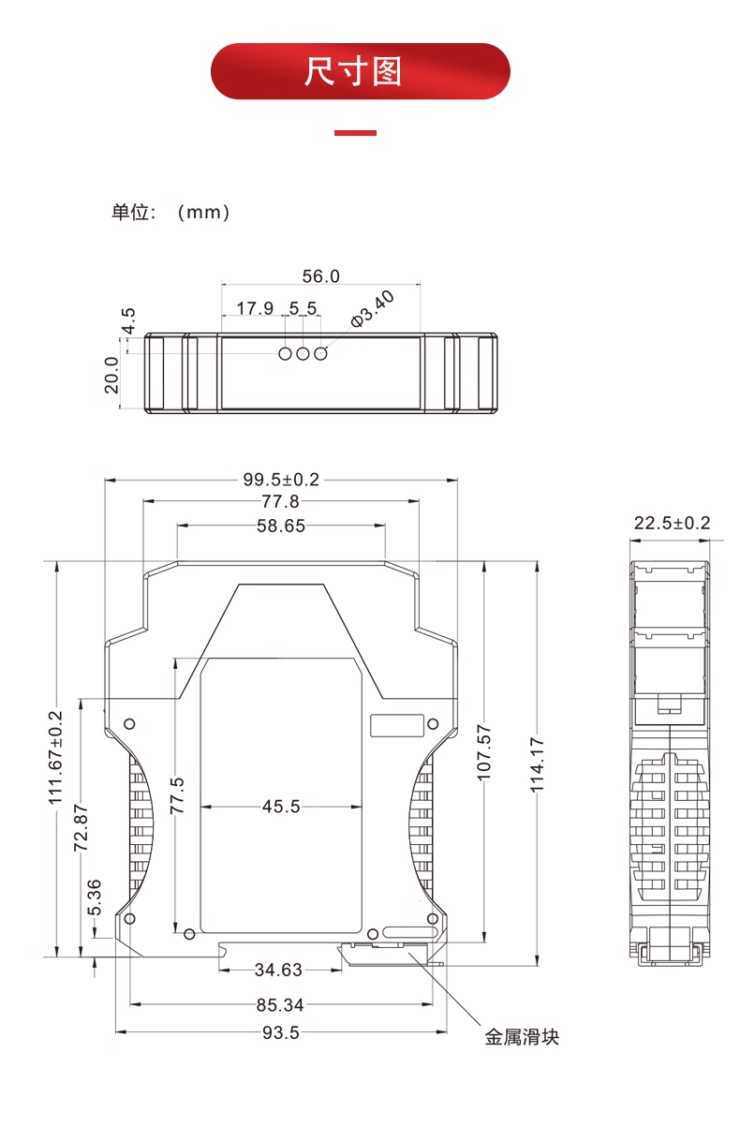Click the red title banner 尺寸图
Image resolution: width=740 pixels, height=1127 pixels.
point(361,71)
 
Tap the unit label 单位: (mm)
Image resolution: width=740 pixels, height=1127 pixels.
point(170,213)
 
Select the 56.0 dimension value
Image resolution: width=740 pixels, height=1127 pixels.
point(321,276)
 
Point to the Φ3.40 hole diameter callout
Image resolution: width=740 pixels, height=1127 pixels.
point(372,309)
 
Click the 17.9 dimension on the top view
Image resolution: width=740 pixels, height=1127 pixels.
point(255,308)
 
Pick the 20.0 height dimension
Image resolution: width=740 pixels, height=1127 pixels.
point(111,375)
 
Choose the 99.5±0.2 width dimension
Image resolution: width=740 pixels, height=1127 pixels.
point(281,480)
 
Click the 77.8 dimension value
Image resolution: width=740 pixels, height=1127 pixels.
point(281,501)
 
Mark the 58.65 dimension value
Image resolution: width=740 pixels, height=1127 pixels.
point(281,526)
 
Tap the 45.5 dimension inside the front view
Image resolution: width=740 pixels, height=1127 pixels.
point(281,807)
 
